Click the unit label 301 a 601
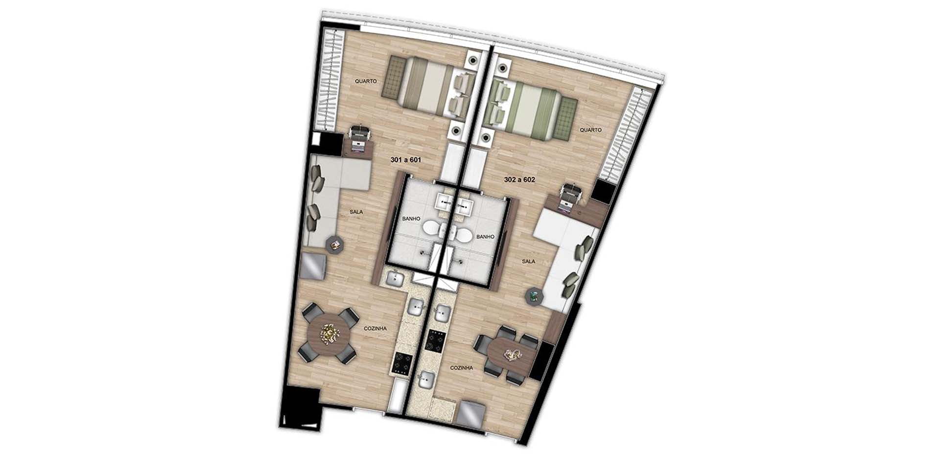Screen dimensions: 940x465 [x=405, y=160]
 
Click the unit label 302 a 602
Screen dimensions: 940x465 [x=519, y=179]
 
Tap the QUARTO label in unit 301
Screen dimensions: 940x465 [x=366, y=81]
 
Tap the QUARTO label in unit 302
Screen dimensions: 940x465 [x=590, y=130]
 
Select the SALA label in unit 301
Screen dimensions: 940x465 [x=356, y=212]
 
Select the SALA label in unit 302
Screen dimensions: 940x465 [x=528, y=262]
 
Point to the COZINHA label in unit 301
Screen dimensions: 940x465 [x=376, y=329]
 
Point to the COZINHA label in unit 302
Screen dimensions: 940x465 [x=462, y=368]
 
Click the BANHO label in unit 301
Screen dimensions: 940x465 [x=411, y=219]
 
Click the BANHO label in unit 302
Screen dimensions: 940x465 [x=485, y=237]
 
